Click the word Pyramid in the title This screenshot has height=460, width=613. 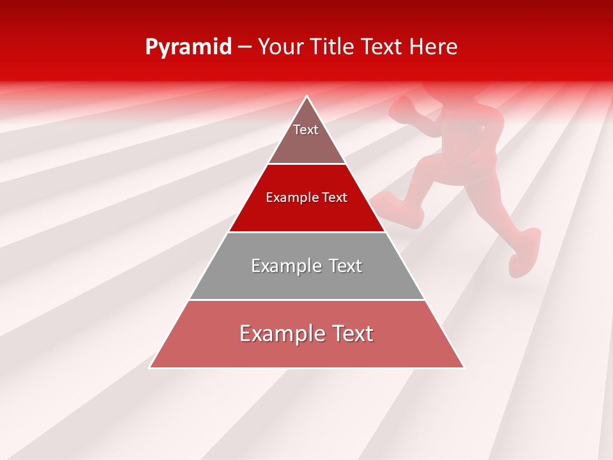(x=188, y=47)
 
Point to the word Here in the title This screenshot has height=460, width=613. (x=434, y=47)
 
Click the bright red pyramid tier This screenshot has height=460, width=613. (x=306, y=208)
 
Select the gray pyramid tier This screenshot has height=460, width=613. (x=306, y=275)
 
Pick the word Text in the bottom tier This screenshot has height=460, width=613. (x=350, y=333)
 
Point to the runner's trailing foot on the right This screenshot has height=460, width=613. (x=525, y=252)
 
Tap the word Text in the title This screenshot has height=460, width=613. (x=383, y=47)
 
